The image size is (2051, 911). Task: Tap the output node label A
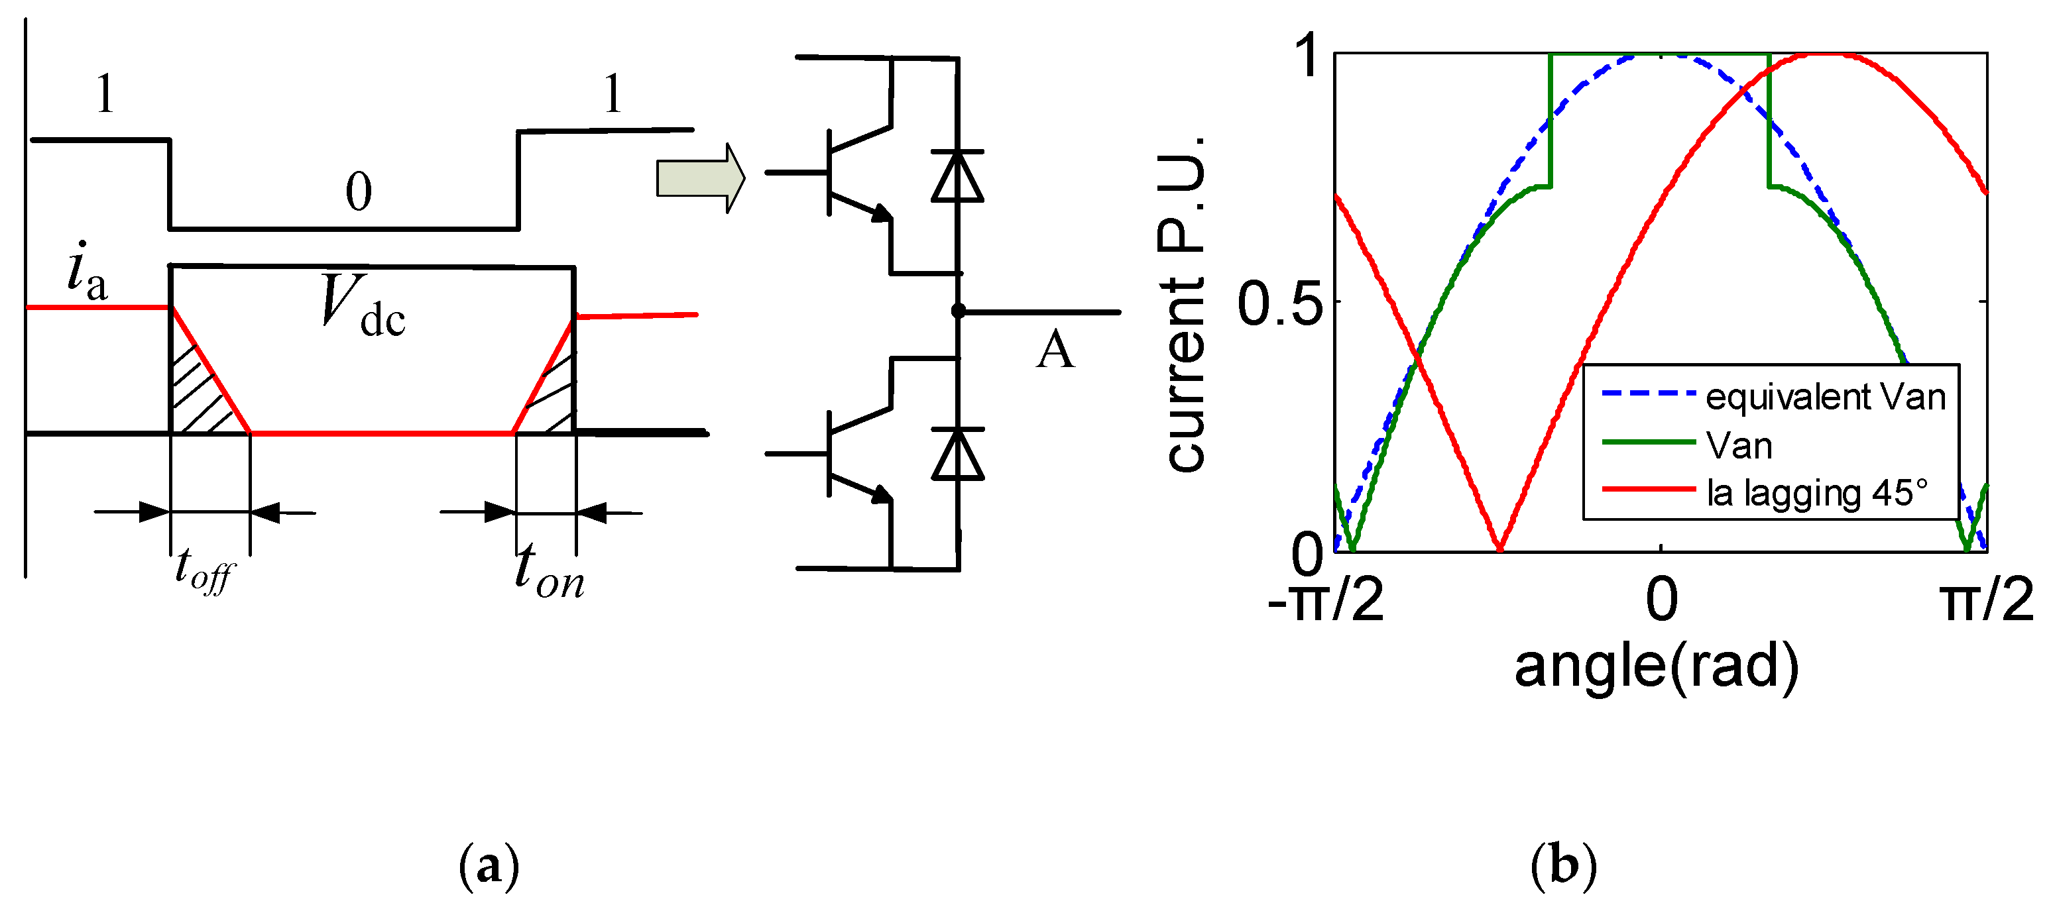coord(1055,350)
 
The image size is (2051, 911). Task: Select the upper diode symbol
coord(957,176)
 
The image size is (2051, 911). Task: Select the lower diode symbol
coord(957,453)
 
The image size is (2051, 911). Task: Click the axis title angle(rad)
coord(1656,667)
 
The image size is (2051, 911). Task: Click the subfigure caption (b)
coord(1563,866)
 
